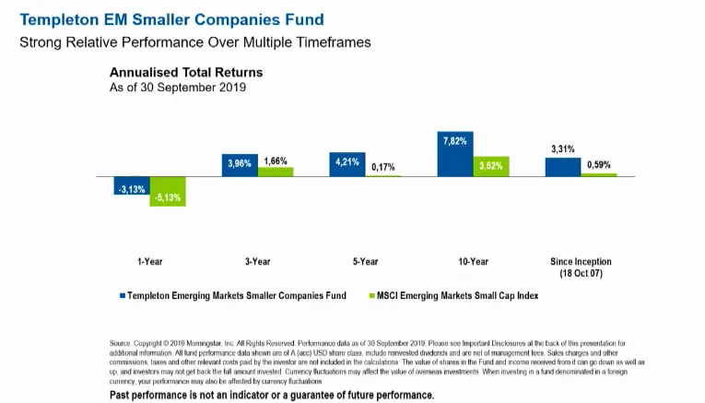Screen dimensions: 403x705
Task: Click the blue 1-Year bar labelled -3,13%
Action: point(132,185)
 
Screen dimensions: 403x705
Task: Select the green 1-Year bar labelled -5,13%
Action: point(168,191)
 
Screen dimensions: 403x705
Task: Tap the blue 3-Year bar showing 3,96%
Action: point(240,165)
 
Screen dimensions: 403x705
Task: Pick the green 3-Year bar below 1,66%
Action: point(276,172)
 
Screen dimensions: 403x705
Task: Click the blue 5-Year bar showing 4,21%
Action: point(347,164)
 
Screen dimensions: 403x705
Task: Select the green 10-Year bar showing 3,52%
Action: point(491,166)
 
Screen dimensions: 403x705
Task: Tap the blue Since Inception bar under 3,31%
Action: point(563,166)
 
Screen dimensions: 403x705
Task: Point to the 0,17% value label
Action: point(383,168)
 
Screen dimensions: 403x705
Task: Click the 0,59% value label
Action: point(599,165)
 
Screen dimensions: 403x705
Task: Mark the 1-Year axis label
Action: point(149,262)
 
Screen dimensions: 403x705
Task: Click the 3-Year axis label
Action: point(257,262)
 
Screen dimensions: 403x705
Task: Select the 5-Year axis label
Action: point(365,262)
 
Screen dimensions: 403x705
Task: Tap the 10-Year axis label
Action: point(473,262)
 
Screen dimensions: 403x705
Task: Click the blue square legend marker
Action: point(121,296)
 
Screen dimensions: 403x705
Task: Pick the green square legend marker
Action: point(371,296)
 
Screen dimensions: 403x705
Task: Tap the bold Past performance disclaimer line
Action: point(272,395)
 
